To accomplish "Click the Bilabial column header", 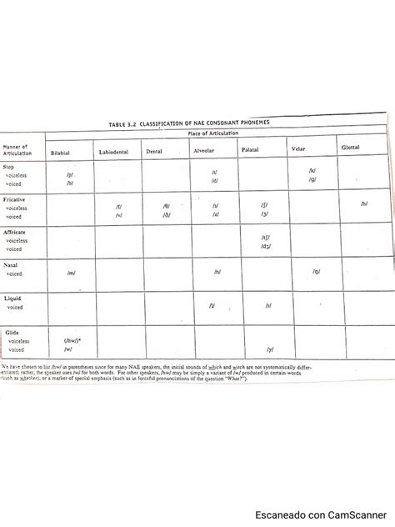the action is [60, 153].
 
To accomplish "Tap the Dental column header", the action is [154, 152].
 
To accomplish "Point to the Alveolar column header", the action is [205, 151].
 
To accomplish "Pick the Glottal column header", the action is [351, 147].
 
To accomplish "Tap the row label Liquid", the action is [12, 298].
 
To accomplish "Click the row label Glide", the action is [12, 332].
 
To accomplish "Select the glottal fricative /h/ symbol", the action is [364, 203].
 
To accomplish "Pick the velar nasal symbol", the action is [317, 271].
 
